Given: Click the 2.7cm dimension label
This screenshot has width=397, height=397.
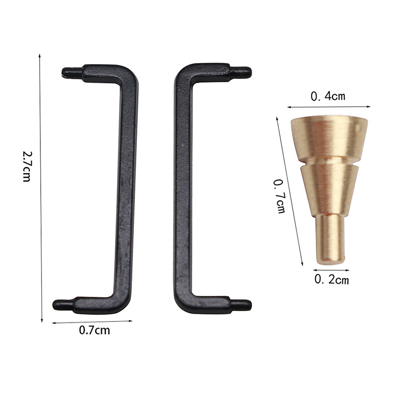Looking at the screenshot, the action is click(27, 166).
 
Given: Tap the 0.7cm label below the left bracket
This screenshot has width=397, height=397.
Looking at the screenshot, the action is click(94, 330).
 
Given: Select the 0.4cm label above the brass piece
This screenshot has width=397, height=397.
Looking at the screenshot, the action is click(328, 96).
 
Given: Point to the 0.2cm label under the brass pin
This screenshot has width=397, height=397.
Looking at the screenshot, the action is click(331, 279).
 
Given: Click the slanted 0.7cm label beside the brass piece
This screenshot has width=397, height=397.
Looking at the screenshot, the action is click(279, 196).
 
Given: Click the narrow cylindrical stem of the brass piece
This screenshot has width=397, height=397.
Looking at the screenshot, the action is click(330, 239).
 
